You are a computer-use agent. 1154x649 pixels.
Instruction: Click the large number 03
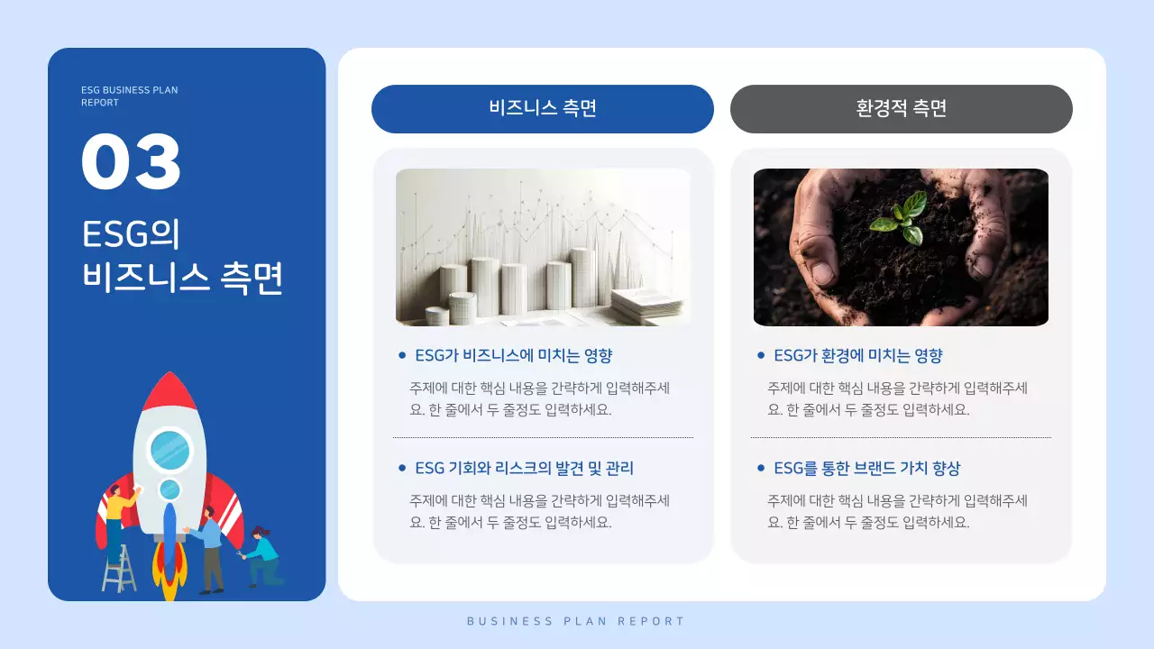132,162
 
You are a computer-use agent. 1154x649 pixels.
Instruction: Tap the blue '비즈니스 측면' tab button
543,109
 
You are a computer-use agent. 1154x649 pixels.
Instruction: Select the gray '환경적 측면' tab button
901,109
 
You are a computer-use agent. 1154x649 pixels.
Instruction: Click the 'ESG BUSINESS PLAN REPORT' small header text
129,96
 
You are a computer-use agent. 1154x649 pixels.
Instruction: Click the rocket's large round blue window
169,449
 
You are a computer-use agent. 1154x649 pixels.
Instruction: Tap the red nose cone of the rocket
169,393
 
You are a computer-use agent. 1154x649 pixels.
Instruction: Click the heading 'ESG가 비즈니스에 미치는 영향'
513,355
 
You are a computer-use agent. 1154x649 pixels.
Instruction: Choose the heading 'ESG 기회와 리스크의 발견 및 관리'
524,468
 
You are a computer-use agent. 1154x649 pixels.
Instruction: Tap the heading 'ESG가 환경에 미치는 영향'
857,355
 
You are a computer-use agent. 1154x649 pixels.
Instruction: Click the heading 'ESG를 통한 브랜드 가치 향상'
866,468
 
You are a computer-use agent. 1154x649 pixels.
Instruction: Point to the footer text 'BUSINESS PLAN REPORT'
576,621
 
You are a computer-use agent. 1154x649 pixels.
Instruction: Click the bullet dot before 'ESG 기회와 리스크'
402,468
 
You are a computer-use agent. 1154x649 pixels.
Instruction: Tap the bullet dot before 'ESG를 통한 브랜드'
761,468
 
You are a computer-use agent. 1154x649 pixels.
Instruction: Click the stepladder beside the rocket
118,568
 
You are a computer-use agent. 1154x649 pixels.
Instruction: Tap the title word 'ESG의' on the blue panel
132,234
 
